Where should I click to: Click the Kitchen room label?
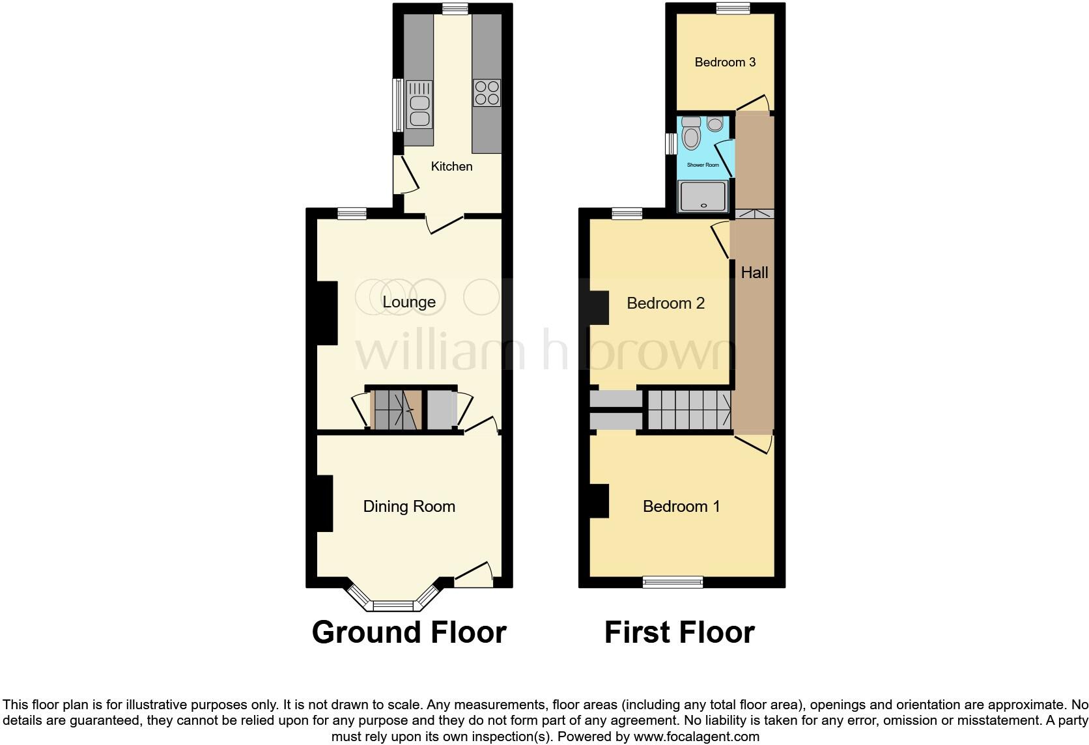click(451, 167)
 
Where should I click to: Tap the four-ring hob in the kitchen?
click(487, 92)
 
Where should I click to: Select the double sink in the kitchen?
click(419, 105)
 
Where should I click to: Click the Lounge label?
click(409, 302)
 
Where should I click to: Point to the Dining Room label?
click(409, 507)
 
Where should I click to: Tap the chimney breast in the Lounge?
click(327, 313)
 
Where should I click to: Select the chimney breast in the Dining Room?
click(324, 503)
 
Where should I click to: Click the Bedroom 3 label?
click(725, 63)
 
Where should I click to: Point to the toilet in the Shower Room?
click(691, 135)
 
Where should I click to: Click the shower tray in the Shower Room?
click(702, 197)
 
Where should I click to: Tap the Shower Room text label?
click(703, 165)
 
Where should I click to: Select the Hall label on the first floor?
click(754, 273)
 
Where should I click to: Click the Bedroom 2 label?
click(666, 303)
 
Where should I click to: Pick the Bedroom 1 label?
click(681, 507)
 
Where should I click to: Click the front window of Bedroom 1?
click(673, 582)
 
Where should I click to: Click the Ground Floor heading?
click(409, 632)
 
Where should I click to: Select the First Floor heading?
click(679, 632)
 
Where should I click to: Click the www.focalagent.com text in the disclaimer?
click(696, 737)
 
